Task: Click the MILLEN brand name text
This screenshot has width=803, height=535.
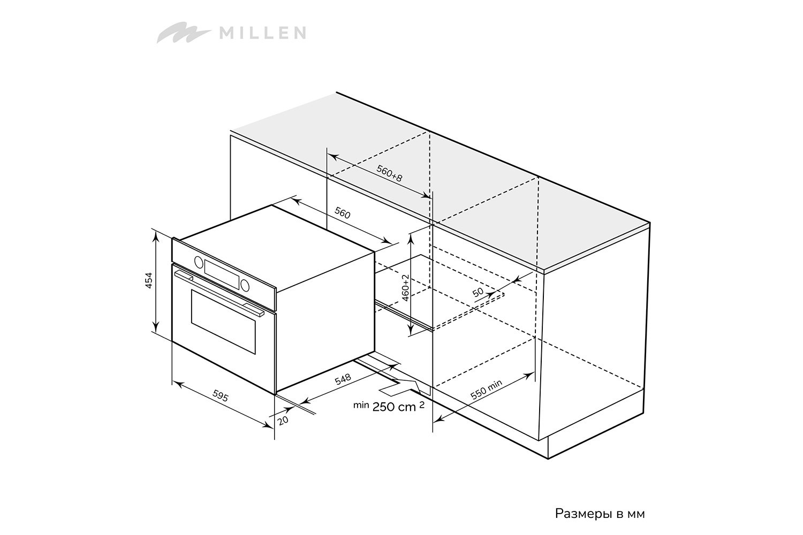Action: (x=262, y=33)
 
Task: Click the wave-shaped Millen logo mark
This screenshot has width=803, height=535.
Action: (x=184, y=33)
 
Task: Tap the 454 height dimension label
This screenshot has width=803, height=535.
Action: (x=148, y=280)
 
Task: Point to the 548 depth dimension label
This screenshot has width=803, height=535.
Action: (x=343, y=379)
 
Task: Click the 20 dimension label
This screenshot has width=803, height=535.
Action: (x=283, y=420)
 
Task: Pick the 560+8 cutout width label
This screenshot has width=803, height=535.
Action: (x=389, y=173)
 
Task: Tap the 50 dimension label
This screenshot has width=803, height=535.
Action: (x=478, y=292)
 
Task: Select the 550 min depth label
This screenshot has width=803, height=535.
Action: (x=486, y=389)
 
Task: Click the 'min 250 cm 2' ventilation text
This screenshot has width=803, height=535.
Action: (x=389, y=407)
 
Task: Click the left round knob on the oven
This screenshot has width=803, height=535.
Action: (x=199, y=262)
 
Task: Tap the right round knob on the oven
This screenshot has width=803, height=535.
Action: (x=245, y=285)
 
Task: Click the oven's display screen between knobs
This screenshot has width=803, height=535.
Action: (x=222, y=274)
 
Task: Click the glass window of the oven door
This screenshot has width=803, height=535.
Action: (x=223, y=322)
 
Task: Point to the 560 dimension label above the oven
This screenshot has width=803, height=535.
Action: (x=342, y=213)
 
